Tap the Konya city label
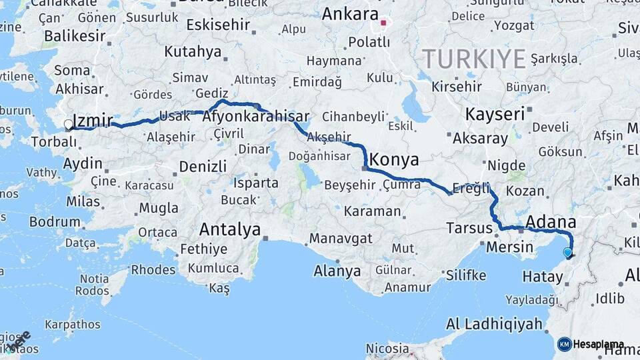pyautogui.click(x=394, y=160)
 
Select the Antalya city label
pyautogui.click(x=230, y=231)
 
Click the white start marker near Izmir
pyautogui.click(x=68, y=125)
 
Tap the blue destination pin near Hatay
pyautogui.click(x=567, y=253)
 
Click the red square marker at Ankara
pyautogui.click(x=383, y=24)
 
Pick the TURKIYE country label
pyautogui.click(x=474, y=59)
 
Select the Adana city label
pyautogui.click(x=551, y=221)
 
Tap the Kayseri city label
pyautogui.click(x=495, y=114)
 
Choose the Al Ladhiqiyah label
pyautogui.click(x=494, y=325)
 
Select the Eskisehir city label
pyautogui.click(x=218, y=25)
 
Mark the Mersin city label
pyautogui.click(x=509, y=247)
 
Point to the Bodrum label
pyautogui.click(x=55, y=222)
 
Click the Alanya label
pyautogui.click(x=337, y=271)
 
